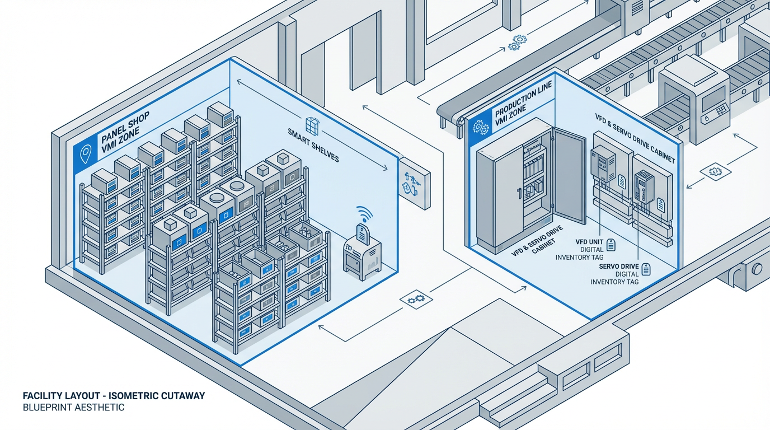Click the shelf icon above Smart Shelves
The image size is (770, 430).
pyautogui.click(x=312, y=125)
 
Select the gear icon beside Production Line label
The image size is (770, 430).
pyautogui.click(x=480, y=127)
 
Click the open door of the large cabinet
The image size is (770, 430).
pyautogui.click(x=569, y=176)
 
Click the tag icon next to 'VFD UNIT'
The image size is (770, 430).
pyautogui.click(x=611, y=244)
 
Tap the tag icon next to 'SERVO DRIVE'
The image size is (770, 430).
pyautogui.click(x=646, y=269)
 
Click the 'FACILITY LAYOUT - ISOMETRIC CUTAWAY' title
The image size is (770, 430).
pyautogui.click(x=114, y=396)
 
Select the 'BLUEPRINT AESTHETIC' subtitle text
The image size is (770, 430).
pyautogui.click(x=73, y=408)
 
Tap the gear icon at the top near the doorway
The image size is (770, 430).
pyautogui.click(x=517, y=43)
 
